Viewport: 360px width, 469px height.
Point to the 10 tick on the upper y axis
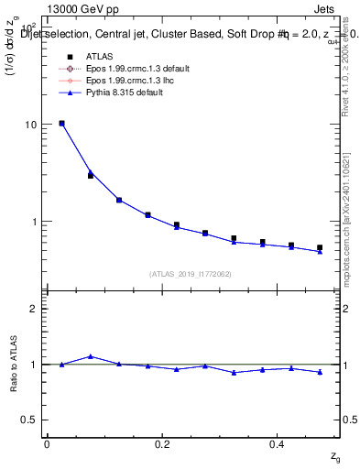tap(34, 125)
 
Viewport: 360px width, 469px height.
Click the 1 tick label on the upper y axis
tap(37, 222)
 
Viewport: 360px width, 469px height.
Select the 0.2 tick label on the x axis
tap(162, 443)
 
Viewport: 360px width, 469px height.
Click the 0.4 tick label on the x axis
tap(278, 443)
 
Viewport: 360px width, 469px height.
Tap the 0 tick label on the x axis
tap(47, 443)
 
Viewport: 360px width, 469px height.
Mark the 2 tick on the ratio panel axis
tap(37, 309)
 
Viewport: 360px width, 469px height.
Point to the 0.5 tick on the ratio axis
tap(33, 420)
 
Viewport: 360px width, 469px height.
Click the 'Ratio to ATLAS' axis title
tap(13, 364)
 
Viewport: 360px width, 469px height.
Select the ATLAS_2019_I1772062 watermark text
tap(191, 274)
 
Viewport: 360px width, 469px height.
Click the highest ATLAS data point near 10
tap(61, 123)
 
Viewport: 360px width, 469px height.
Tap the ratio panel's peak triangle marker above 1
tap(90, 356)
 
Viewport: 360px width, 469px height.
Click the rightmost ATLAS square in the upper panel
tap(320, 247)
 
